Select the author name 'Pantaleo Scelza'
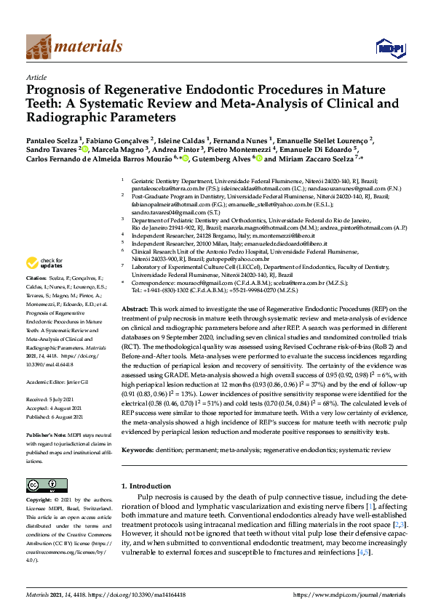(50, 140)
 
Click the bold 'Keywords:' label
(141, 451)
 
